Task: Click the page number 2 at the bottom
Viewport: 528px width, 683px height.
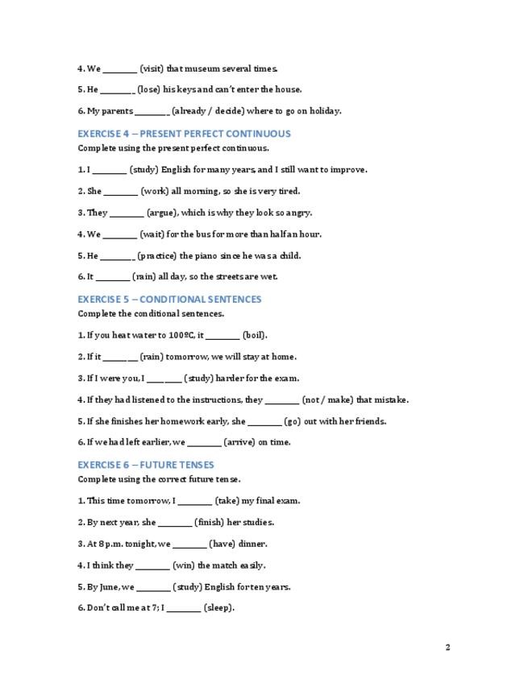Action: (447, 647)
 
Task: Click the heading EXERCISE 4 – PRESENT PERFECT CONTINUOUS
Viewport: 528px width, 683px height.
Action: (184, 134)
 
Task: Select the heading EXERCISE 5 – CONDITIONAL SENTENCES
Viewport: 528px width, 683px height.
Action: (169, 300)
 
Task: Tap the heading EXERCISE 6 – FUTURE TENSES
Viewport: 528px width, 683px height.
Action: (146, 465)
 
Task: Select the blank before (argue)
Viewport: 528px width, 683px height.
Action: (126, 213)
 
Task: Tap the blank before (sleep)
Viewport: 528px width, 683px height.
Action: (184, 609)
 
